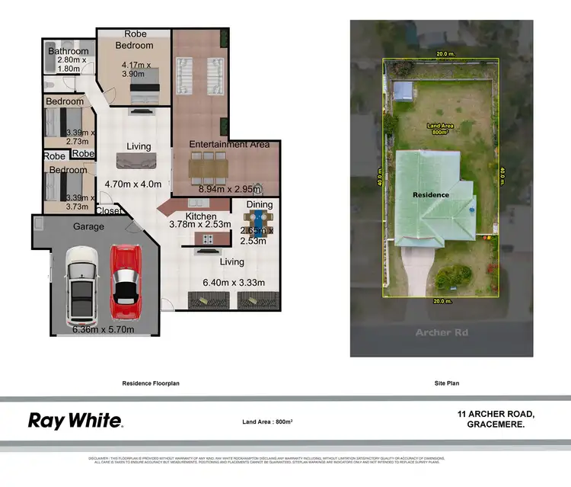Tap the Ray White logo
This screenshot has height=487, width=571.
point(75,420)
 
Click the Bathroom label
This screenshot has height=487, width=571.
point(69,51)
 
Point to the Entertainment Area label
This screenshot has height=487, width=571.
point(229,144)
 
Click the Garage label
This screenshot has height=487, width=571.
point(88,226)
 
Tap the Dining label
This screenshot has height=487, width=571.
point(260,204)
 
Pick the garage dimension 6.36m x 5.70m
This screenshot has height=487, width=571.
point(104,329)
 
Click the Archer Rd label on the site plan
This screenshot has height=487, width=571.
point(440,332)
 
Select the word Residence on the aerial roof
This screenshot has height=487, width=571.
point(431,194)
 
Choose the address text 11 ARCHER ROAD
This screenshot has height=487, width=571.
point(496,414)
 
